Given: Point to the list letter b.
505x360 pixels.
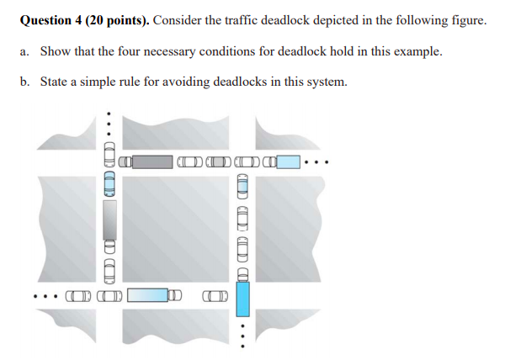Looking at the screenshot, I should (x=24, y=82).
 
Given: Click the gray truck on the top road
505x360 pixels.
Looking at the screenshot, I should (x=152, y=161).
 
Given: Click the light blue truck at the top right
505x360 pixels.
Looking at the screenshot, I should (x=288, y=161).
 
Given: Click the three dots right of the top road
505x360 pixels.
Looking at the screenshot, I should (x=321, y=161).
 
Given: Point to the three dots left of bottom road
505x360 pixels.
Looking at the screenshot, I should (x=42, y=295).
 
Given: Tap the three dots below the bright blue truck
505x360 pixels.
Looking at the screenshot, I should (x=243, y=336).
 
